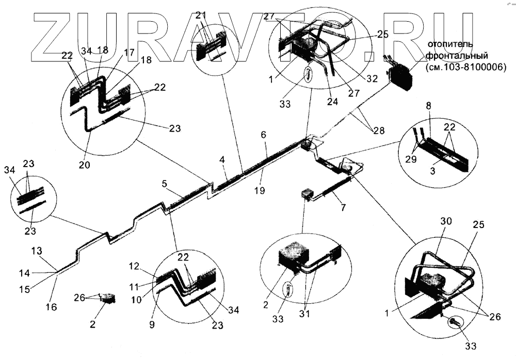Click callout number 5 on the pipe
point(164,183)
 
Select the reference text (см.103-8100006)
point(466,67)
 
